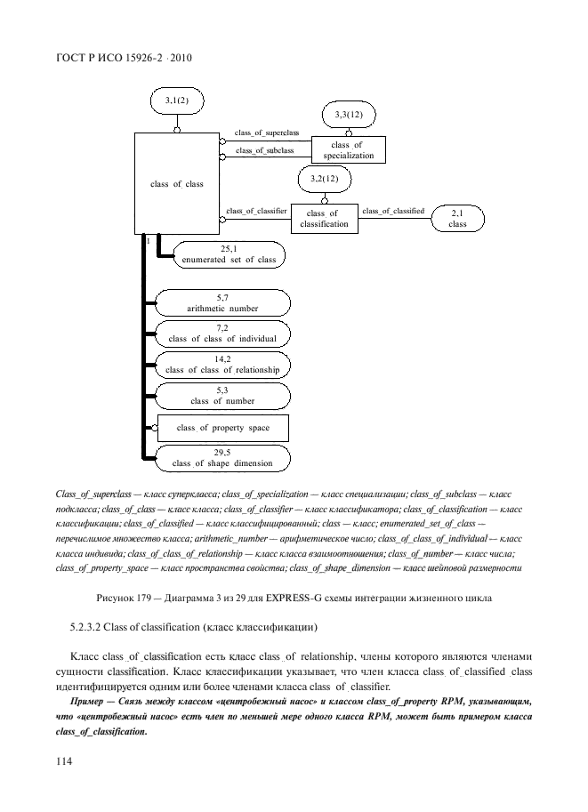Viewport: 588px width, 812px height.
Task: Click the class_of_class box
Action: (x=177, y=184)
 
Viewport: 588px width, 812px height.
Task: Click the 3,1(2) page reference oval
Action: (x=176, y=102)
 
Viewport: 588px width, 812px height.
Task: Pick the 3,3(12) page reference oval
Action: (x=349, y=116)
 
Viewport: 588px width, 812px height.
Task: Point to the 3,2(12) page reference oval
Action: (x=324, y=180)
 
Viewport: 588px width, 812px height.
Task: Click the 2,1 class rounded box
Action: (x=457, y=219)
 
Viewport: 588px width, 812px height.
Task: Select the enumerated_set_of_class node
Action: (x=230, y=255)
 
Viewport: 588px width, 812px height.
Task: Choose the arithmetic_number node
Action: (x=222, y=303)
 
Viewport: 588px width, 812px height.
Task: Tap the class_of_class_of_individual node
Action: (x=222, y=334)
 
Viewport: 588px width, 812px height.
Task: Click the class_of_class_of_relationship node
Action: (x=222, y=365)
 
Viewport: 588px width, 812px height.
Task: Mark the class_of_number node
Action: (x=222, y=396)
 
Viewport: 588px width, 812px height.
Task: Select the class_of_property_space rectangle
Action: (x=223, y=428)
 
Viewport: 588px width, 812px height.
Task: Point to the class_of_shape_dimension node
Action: (x=222, y=458)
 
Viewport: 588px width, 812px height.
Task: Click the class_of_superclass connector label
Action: (x=267, y=133)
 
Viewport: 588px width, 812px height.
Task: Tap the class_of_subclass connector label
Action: (x=264, y=151)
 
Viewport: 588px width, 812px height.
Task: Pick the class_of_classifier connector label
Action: (x=256, y=211)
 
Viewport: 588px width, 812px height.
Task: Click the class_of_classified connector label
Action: (x=393, y=211)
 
